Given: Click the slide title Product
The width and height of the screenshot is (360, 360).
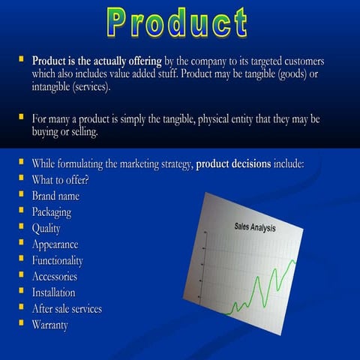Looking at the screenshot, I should coord(177,22).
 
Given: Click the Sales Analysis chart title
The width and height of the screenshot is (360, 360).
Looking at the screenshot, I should coord(255,227).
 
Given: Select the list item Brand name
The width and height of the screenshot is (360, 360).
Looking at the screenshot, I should coord(55,196).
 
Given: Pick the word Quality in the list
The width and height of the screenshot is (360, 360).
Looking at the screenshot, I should coord(46,228).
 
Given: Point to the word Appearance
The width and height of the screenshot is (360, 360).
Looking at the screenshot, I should coord(55,244).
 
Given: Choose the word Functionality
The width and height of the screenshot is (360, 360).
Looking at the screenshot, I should coord(58,260).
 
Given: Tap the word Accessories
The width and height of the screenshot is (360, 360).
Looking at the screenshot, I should coord(54,277).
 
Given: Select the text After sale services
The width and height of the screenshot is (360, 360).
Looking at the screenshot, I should coord(67,309).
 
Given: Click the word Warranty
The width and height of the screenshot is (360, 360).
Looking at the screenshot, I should coord(49,325).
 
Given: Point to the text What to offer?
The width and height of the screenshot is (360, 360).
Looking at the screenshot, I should coord(61,180).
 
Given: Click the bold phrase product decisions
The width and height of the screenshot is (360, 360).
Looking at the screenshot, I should coord(233,163).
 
